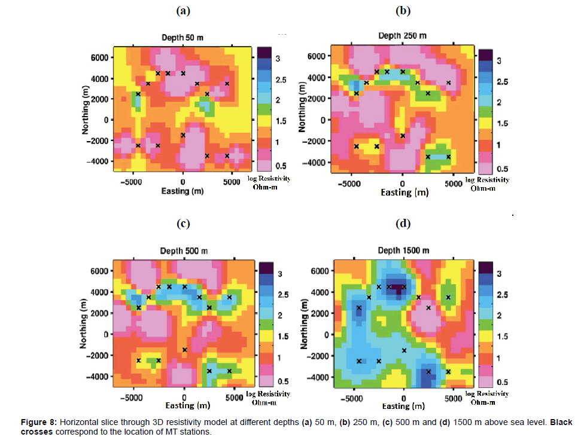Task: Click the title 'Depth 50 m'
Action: (x=182, y=37)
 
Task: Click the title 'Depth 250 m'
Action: (x=403, y=35)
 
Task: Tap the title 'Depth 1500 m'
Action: (x=403, y=250)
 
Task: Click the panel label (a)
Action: (x=183, y=10)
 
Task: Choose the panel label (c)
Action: (x=183, y=224)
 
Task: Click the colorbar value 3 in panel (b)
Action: (x=499, y=61)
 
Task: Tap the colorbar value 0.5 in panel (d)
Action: (x=503, y=380)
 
